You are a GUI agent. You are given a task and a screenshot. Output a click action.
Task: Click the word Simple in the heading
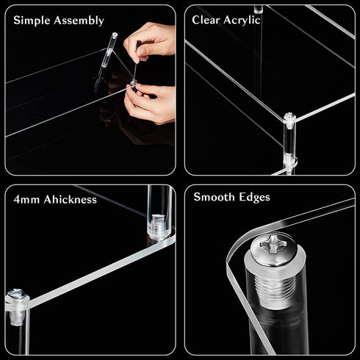(x=32, y=20)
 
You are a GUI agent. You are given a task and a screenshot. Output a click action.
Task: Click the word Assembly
(x=79, y=21)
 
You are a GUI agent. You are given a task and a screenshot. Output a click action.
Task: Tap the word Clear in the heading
(x=206, y=20)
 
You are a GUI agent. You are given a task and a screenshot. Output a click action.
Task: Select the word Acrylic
(x=242, y=20)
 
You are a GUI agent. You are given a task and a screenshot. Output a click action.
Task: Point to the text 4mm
(x=26, y=200)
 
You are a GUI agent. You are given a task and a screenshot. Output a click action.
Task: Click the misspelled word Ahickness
(x=71, y=199)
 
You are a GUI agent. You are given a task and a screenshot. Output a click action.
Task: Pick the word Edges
(x=254, y=198)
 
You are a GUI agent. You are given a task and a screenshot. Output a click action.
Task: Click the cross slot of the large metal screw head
(x=273, y=244)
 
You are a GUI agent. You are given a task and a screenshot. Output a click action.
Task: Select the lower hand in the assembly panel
(x=149, y=103)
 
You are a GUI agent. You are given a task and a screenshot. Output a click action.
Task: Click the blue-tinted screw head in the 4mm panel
(x=16, y=292)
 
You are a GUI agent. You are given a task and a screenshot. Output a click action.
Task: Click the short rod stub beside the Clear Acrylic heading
(x=258, y=9)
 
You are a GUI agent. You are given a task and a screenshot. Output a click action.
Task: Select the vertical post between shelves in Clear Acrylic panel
(x=289, y=138)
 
